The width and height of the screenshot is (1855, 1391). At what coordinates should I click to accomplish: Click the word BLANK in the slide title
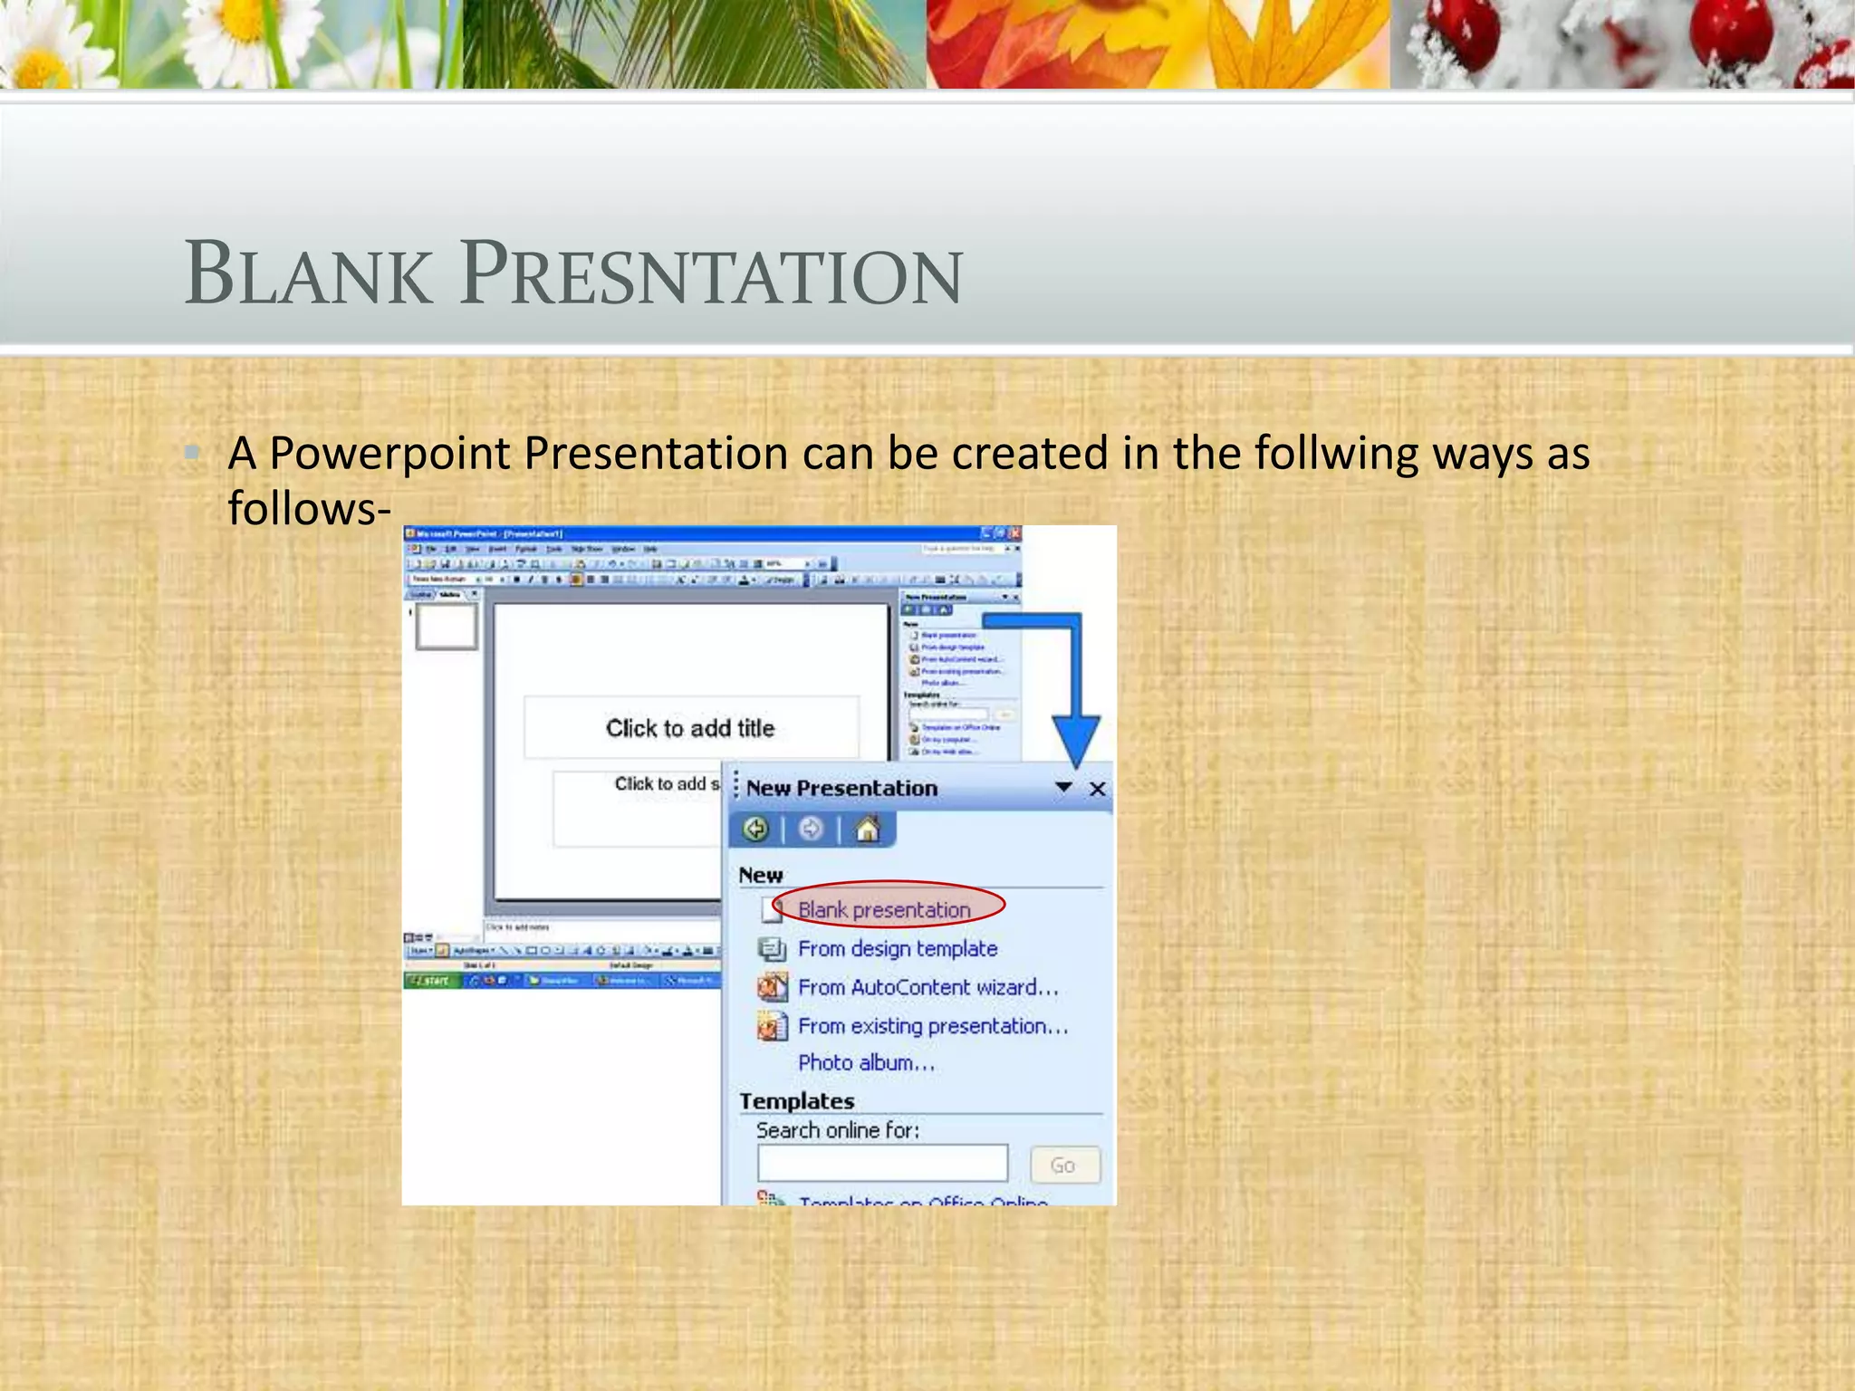(x=308, y=273)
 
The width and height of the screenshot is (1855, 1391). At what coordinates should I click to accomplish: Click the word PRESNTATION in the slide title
(x=711, y=273)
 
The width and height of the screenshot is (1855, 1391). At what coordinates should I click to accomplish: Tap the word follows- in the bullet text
(x=309, y=508)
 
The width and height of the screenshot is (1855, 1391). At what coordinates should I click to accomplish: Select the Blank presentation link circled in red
(x=884, y=909)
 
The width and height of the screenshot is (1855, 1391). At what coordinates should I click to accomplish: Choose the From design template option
(x=897, y=948)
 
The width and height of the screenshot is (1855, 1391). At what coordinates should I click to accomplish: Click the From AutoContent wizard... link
(x=927, y=987)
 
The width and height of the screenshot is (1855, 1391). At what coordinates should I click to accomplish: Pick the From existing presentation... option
(x=933, y=1026)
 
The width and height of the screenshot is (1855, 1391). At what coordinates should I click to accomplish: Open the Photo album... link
(x=866, y=1062)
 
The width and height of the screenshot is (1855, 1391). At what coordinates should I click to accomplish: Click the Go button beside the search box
(x=1064, y=1165)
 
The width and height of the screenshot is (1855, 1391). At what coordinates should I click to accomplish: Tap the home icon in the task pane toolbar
(x=868, y=829)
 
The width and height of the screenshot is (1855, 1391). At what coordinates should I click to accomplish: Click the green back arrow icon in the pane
(x=755, y=829)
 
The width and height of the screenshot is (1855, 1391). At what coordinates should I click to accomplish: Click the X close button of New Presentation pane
(x=1097, y=789)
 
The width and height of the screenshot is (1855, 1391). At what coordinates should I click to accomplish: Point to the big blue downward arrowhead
(x=1076, y=738)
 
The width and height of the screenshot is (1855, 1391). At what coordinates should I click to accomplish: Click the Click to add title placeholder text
(x=690, y=728)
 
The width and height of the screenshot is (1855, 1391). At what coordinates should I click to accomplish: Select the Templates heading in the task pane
(x=796, y=1101)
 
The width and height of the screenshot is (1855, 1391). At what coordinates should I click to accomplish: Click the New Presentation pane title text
(x=841, y=788)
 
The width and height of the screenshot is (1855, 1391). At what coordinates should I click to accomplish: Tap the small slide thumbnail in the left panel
(x=446, y=627)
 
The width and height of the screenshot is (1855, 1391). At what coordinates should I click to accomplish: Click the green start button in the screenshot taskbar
(x=431, y=981)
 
